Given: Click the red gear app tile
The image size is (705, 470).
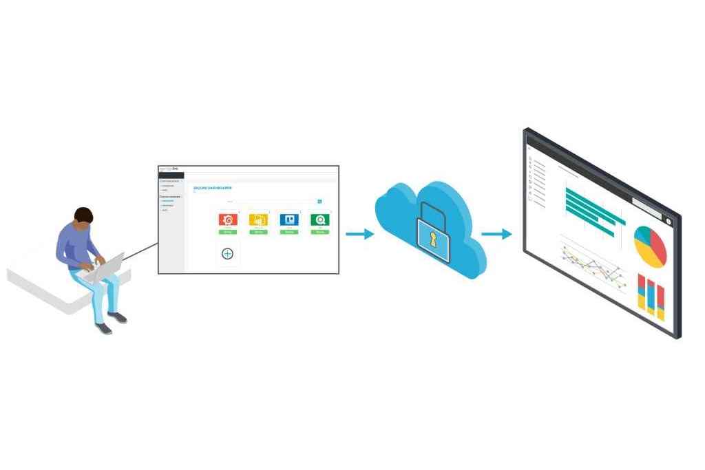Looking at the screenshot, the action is (228, 220).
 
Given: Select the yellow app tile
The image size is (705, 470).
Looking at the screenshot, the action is (258, 220).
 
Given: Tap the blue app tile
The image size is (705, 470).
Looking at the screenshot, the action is (288, 220).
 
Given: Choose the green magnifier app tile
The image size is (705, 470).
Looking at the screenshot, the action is (319, 220).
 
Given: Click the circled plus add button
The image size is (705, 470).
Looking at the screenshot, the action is (228, 254).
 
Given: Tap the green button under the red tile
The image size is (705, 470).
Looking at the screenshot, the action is (228, 232).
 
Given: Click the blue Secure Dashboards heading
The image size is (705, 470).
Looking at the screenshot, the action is (213, 188).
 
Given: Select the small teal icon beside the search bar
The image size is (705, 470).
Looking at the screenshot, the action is (319, 202).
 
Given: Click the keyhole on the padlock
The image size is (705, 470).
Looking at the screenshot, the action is (433, 239).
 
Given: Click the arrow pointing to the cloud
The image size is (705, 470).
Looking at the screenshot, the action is (359, 235).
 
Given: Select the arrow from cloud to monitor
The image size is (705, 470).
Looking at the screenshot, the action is (496, 235).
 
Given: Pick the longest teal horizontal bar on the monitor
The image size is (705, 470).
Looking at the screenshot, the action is (596, 206).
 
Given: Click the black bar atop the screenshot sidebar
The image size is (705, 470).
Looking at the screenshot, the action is (171, 175).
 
